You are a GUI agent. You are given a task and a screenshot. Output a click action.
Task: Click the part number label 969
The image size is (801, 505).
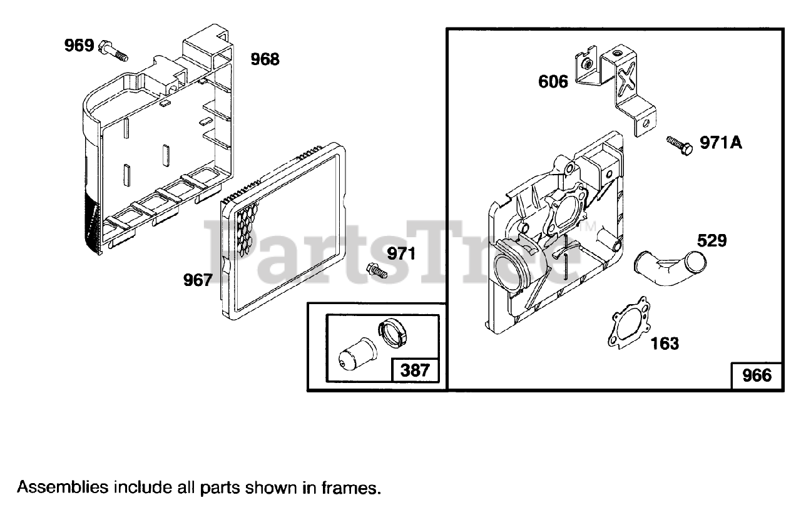(x=79, y=46)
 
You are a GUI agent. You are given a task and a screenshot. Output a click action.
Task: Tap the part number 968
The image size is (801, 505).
(x=265, y=60)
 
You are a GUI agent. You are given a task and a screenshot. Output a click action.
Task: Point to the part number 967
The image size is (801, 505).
(x=198, y=280)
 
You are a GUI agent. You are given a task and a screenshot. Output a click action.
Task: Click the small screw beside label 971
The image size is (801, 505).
(x=376, y=270)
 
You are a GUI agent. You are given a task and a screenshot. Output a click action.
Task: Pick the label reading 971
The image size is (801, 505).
(x=402, y=254)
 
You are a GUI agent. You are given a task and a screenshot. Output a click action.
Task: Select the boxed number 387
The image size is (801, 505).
(x=415, y=370)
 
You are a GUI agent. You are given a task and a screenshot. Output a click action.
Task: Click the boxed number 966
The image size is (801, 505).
(x=757, y=375)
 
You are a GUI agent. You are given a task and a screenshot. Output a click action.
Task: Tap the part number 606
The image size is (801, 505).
(x=553, y=81)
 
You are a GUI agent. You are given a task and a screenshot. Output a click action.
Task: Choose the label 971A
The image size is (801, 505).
(x=720, y=143)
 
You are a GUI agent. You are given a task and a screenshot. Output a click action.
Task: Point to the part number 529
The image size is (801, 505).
(x=712, y=240)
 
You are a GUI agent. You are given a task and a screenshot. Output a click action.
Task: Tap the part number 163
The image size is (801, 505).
(x=665, y=343)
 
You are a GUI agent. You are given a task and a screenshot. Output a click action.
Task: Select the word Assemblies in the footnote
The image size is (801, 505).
(x=61, y=487)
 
